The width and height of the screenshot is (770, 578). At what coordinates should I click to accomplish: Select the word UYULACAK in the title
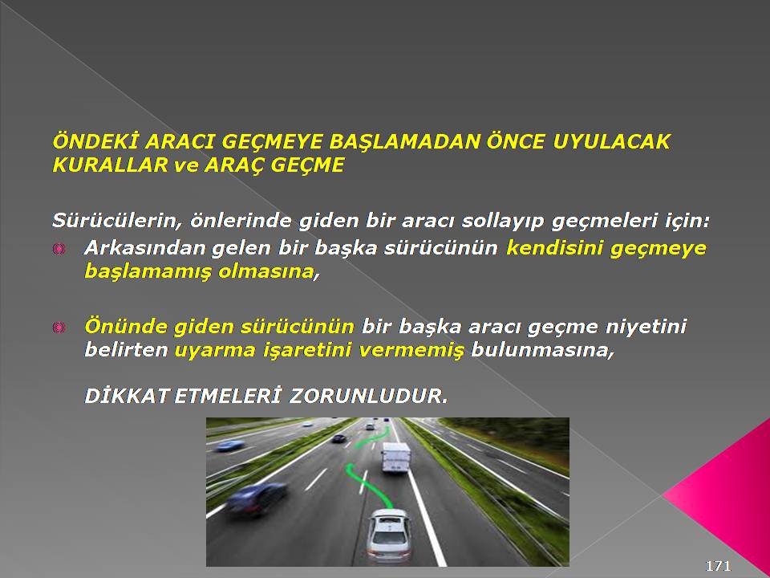(611, 141)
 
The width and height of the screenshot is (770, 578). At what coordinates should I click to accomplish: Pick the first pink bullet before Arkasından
(59, 249)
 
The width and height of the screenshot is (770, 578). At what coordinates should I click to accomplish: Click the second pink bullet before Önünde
(59, 327)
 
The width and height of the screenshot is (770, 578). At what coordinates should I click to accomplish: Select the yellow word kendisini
(554, 248)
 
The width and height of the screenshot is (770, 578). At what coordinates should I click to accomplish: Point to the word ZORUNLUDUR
(368, 396)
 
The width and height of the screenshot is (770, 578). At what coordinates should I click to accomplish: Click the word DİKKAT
(127, 396)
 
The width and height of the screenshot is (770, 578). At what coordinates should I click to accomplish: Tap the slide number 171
(719, 565)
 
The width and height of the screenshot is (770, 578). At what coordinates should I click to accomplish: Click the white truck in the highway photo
(395, 457)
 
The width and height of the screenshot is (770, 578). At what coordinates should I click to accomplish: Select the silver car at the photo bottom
(390, 535)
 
